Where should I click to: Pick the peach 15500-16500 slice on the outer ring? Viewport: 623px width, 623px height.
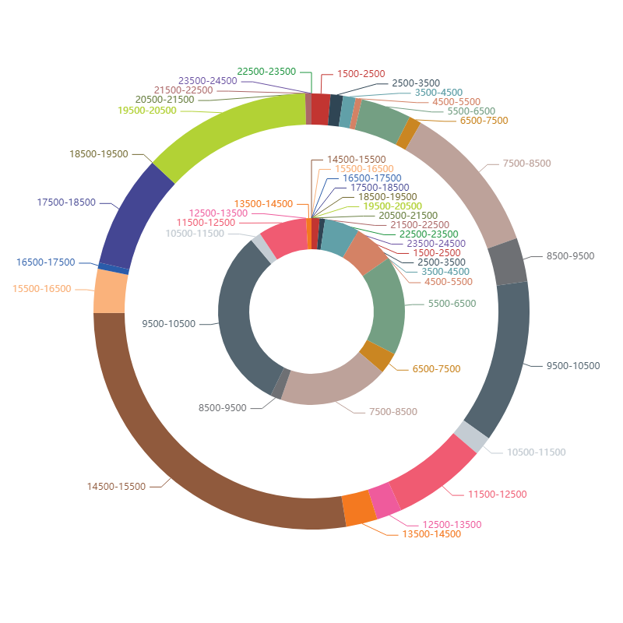click(110, 290)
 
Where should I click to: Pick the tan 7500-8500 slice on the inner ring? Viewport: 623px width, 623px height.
click(327, 388)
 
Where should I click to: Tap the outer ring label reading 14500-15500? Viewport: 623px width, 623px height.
click(116, 487)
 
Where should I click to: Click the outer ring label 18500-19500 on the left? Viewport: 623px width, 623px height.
click(99, 154)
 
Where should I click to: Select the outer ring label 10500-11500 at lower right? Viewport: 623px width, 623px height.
click(536, 452)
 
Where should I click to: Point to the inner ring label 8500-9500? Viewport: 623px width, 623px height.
click(222, 408)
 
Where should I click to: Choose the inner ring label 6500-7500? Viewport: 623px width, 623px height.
click(436, 369)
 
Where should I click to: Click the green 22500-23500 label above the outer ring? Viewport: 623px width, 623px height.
click(266, 72)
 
